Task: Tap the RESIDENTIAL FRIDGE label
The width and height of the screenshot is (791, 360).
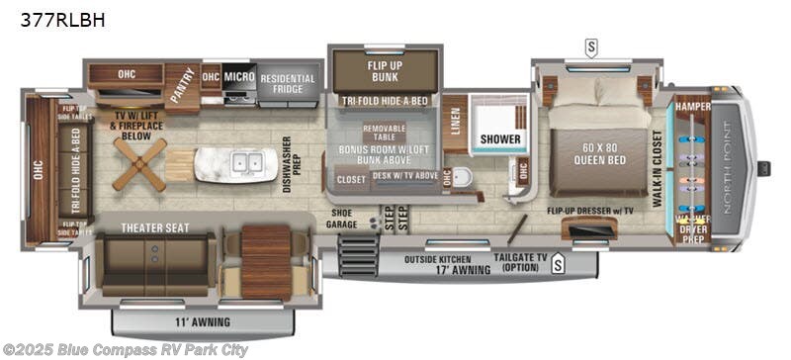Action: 287,84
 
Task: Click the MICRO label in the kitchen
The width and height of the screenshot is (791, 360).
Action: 238,77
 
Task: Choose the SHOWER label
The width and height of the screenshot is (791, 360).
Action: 500,139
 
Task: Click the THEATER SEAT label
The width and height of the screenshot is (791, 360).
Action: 154,227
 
